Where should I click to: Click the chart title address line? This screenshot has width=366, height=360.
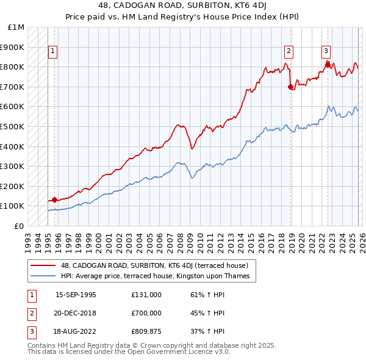182,6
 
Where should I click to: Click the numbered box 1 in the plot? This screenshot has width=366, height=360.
54,52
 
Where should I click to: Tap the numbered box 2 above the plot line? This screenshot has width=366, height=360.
289,52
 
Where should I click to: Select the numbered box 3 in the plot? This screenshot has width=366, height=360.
326,52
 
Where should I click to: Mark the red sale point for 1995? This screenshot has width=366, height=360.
55,200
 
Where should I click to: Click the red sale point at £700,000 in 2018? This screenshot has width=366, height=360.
290,87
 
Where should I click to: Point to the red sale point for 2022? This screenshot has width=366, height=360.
328,65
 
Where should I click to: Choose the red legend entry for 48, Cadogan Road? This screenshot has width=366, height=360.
154,266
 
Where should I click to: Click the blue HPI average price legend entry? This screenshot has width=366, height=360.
155,276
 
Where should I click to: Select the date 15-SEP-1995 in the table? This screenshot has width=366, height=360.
76,295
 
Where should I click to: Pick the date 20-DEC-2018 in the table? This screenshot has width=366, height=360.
76,312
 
